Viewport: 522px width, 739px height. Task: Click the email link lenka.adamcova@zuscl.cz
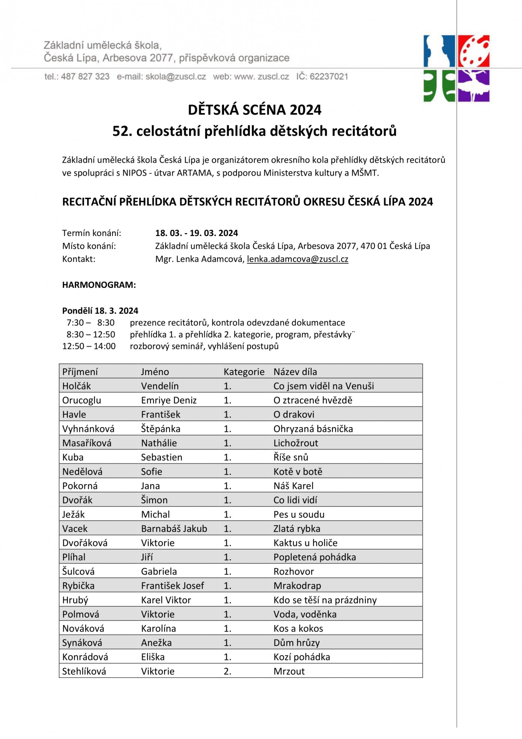pyautogui.click(x=297, y=259)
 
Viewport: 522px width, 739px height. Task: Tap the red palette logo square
pyautogui.click(x=474, y=51)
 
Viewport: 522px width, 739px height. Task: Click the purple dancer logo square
pyautogui.click(x=474, y=86)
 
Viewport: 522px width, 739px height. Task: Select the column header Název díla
pyautogui.click(x=295, y=372)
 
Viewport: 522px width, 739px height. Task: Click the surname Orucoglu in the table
pyautogui.click(x=82, y=400)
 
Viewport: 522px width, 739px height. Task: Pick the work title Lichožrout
pyautogui.click(x=296, y=443)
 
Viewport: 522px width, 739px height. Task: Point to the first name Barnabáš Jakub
pyautogui.click(x=174, y=529)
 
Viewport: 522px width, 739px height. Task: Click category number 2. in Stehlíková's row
pyautogui.click(x=227, y=671)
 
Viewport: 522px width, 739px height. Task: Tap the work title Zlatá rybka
pyautogui.click(x=297, y=529)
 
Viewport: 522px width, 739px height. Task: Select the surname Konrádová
pyautogui.click(x=85, y=657)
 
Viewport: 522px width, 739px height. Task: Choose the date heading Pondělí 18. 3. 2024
pyautogui.click(x=100, y=311)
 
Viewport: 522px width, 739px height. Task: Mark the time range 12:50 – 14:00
pyautogui.click(x=89, y=346)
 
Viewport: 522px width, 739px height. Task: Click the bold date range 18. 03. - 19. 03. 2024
pyautogui.click(x=196, y=233)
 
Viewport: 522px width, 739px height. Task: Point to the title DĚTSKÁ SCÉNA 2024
pyautogui.click(x=254, y=110)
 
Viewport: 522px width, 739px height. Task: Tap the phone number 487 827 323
pyautogui.click(x=85, y=76)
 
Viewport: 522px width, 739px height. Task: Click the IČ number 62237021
pyautogui.click(x=329, y=76)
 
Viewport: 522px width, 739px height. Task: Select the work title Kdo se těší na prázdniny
pyautogui.click(x=325, y=600)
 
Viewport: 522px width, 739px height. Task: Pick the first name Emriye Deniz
pyautogui.click(x=169, y=400)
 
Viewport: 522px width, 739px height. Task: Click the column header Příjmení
pyautogui.click(x=80, y=372)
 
